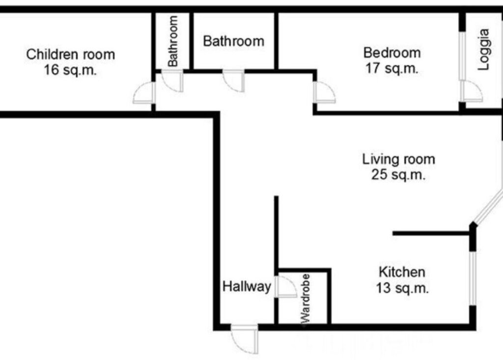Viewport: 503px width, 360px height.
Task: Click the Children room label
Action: coord(71,54)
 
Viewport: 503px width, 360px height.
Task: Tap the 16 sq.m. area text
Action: coord(70,70)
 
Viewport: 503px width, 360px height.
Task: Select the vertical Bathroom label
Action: coord(172,41)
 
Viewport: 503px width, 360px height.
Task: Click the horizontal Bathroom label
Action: coord(234,41)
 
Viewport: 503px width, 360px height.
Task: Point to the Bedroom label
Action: coord(392,53)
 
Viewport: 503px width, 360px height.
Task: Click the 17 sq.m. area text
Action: coord(392,68)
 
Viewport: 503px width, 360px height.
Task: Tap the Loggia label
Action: coord(484,50)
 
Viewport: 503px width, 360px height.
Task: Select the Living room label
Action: coord(399,159)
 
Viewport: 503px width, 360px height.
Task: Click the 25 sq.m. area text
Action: coord(398,174)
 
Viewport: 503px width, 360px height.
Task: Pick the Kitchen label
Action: coord(402,272)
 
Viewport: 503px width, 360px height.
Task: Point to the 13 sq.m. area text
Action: coord(402,288)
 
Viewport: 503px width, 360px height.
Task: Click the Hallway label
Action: coord(247,286)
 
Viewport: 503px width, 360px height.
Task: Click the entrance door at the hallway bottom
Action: coord(245,339)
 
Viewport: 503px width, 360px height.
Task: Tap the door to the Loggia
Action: coord(472,91)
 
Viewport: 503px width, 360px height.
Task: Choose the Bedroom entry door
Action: coord(325,92)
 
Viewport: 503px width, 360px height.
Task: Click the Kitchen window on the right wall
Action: coord(473,278)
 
